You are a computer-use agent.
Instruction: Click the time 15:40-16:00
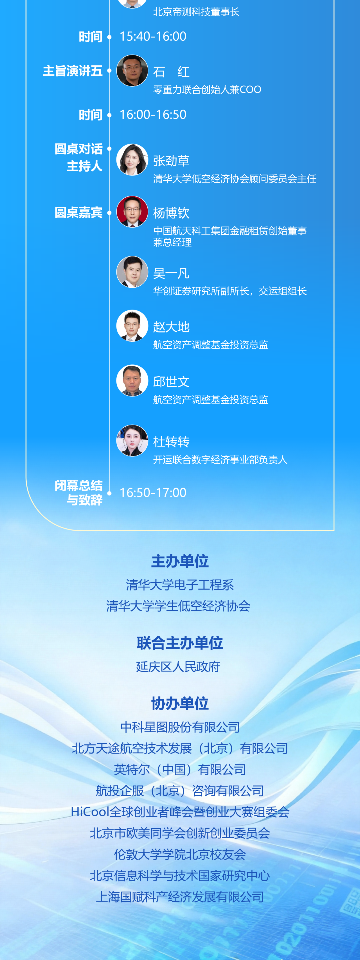tap(153, 37)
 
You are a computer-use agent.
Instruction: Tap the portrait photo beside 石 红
tap(132, 71)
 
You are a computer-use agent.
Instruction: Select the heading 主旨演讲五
tap(72, 71)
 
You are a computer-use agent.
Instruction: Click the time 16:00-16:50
tap(153, 115)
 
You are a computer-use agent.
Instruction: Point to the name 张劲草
tap(171, 161)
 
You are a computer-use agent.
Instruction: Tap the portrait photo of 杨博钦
tap(132, 212)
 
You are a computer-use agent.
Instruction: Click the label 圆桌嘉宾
tap(78, 212)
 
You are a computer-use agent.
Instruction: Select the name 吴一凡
tap(171, 273)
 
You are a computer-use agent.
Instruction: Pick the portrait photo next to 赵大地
tap(132, 326)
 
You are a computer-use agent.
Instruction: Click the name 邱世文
tap(171, 382)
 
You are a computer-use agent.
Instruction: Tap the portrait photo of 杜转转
tap(132, 441)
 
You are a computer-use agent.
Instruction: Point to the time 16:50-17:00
tap(153, 493)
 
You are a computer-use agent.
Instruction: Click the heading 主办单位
tap(180, 561)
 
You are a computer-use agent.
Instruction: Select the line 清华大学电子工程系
tap(180, 585)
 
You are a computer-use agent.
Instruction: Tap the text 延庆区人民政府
tap(178, 667)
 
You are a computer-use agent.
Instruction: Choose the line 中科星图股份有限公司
tap(180, 727)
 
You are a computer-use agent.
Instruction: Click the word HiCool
tap(89, 812)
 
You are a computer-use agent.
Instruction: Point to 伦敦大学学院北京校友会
tap(180, 854)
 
